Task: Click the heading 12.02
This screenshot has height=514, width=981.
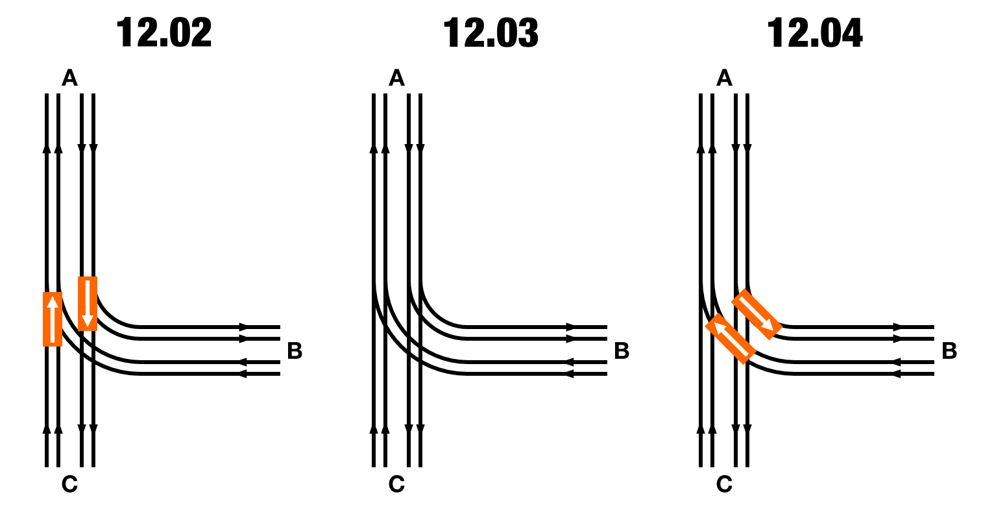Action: click(x=164, y=32)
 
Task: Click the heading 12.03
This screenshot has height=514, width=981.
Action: click(x=491, y=32)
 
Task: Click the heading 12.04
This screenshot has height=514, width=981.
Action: click(x=815, y=32)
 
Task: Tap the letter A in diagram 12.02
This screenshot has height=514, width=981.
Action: click(x=69, y=78)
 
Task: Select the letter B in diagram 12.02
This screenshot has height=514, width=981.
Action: click(x=295, y=350)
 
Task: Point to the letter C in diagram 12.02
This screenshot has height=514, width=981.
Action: click(x=69, y=484)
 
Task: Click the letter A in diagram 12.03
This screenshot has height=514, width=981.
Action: click(x=397, y=78)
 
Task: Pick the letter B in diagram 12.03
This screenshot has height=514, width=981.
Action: click(x=622, y=350)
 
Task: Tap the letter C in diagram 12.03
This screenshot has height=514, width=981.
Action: click(x=397, y=484)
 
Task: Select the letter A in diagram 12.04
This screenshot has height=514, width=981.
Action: click(x=724, y=78)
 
